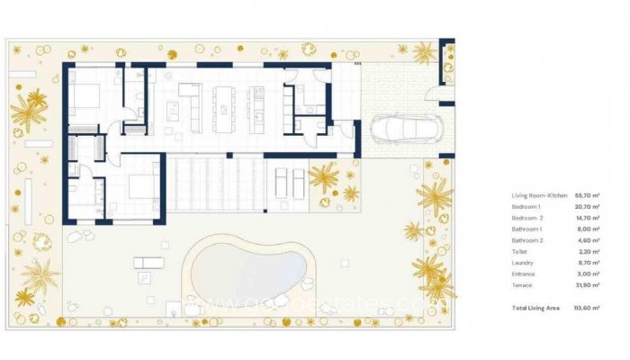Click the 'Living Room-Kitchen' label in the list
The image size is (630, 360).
click(533, 194)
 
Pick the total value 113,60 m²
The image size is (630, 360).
click(589, 308)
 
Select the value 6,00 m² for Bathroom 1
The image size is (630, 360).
click(590, 230)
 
